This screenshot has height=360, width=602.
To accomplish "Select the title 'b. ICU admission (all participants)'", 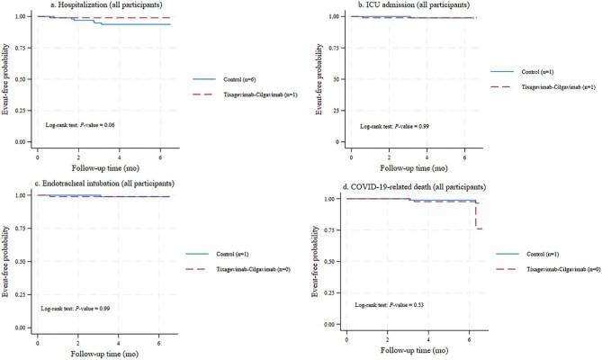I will click(x=403, y=5).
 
